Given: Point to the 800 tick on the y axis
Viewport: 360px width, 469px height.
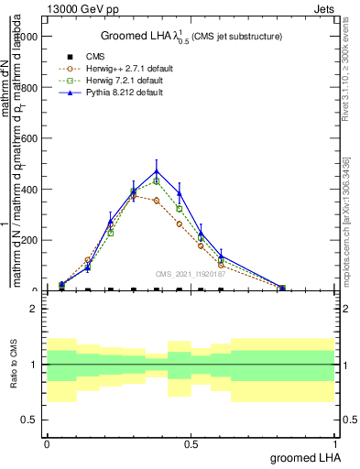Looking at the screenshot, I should click(27, 88).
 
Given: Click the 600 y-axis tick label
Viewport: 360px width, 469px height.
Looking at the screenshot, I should click(27, 138).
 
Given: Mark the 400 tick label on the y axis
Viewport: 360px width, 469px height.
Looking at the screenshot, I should click(27, 190).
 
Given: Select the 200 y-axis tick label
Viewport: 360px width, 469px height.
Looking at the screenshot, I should click(27, 240).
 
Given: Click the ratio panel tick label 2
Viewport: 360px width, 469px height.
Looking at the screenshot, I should click(33, 309).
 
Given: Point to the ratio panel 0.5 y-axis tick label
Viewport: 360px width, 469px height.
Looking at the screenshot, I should click(28, 420).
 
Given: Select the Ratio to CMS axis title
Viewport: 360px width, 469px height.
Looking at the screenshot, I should click(14, 365).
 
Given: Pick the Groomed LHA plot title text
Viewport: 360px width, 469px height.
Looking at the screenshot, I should click(191, 37).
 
